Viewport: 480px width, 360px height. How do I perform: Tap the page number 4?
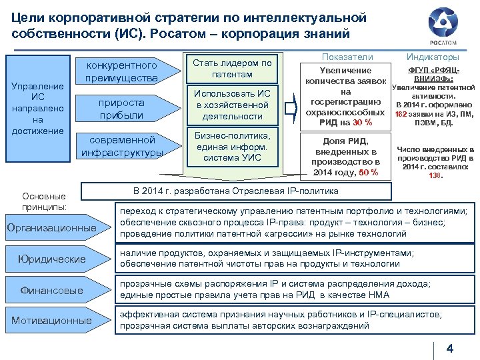pyautogui.click(x=449, y=349)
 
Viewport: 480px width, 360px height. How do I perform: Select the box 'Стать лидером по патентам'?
pyautogui.click(x=231, y=68)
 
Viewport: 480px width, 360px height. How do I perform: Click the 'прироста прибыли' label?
pyautogui.click(x=121, y=109)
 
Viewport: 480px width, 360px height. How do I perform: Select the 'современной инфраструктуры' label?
pyautogui.click(x=122, y=147)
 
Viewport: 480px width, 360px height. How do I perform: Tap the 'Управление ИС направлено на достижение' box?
pyautogui.click(x=38, y=108)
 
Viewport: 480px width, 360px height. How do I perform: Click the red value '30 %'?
pyautogui.click(x=362, y=122)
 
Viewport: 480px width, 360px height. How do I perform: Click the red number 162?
pyautogui.click(x=401, y=114)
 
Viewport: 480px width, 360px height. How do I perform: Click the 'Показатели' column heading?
pyautogui.click(x=347, y=58)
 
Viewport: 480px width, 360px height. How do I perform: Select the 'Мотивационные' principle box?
pyautogui.click(x=51, y=321)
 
